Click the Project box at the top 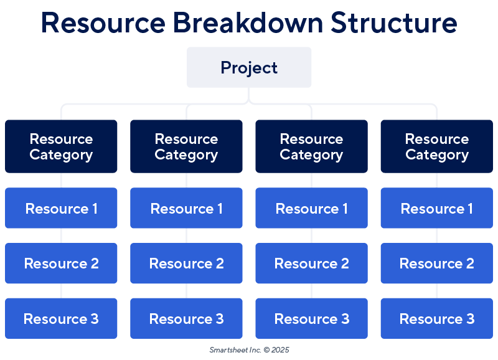[249, 67]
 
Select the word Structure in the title [393, 23]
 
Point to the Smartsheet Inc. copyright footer [249, 350]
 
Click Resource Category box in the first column [61, 146]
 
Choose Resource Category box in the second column [186, 146]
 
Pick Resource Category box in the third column [311, 146]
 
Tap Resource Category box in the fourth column [436, 146]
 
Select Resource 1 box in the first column [61, 208]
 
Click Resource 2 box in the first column [61, 263]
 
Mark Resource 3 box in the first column [61, 318]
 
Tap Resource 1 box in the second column [186, 208]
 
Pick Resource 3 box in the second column [186, 318]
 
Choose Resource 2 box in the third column [311, 263]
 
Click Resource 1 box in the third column [311, 208]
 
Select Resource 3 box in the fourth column [436, 318]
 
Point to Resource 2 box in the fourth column [436, 263]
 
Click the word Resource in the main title [103, 23]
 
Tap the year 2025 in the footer [280, 350]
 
